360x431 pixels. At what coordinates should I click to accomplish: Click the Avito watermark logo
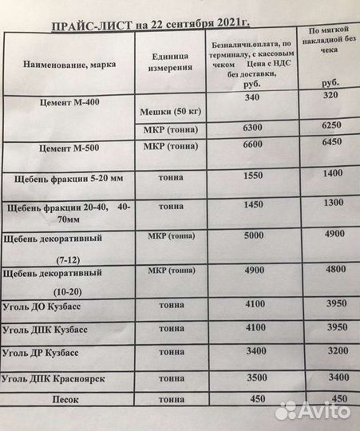[x=313, y=411]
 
